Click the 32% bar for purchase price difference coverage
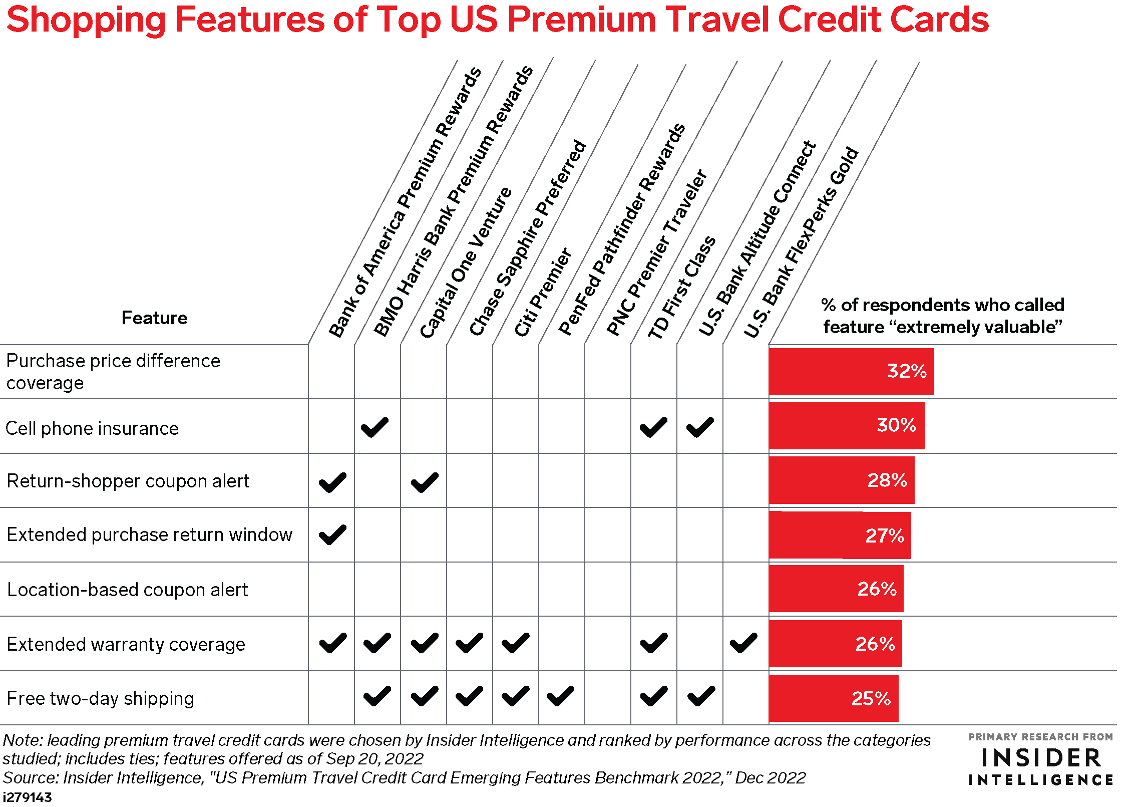(851, 372)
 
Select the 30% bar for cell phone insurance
(847, 426)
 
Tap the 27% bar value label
(885, 535)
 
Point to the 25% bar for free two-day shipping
(834, 698)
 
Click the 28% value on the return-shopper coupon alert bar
(887, 480)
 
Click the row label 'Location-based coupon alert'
(128, 590)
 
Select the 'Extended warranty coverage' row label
(126, 644)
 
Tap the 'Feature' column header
(155, 318)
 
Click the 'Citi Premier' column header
(543, 292)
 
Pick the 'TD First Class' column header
(681, 287)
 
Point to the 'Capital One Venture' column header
(465, 262)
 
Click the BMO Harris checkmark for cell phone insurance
(374, 427)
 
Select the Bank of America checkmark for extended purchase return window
(332, 534)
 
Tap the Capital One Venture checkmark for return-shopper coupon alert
(425, 482)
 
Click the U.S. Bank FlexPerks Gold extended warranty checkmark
(743, 643)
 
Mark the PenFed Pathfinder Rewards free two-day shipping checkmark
(560, 696)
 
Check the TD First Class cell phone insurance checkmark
(653, 427)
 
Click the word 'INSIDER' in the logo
(1041, 758)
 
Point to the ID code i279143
(27, 797)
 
